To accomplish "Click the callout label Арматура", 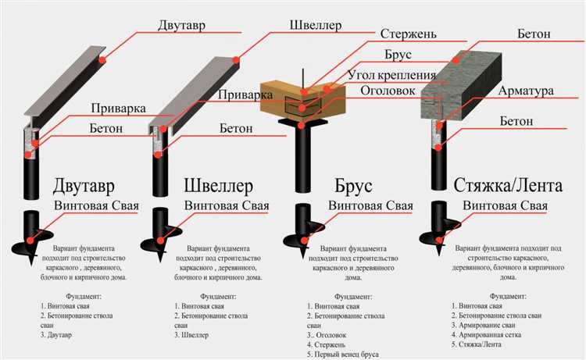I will (526, 91).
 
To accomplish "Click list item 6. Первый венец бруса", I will (342, 354).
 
